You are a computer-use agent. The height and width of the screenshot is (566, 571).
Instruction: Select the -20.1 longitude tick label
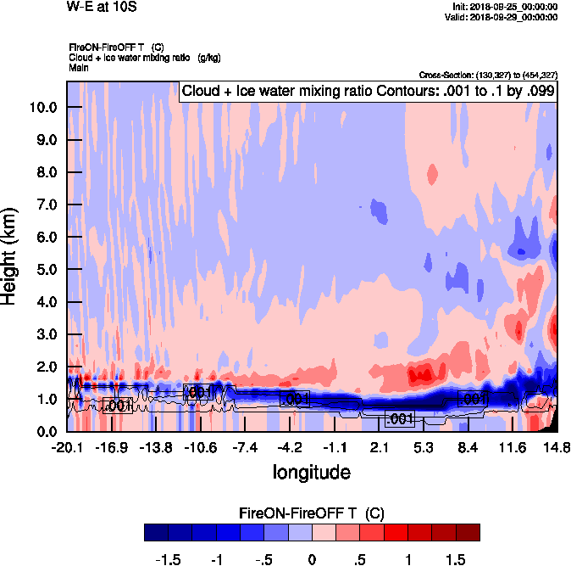point(67,447)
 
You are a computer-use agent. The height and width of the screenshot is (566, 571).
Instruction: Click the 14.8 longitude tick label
point(557,447)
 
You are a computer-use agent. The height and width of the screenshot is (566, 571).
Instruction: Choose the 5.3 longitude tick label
point(424,447)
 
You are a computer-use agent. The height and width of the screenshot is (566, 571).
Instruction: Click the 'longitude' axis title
point(312,471)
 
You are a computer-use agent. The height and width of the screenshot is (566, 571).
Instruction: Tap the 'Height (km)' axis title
point(11,255)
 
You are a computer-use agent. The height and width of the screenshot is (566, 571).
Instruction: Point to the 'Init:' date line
point(505,7)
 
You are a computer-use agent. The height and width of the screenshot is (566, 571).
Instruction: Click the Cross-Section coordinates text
point(488,75)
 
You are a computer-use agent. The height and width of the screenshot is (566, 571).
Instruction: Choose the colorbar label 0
point(312,560)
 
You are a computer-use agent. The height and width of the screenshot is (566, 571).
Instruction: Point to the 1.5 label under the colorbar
point(457,560)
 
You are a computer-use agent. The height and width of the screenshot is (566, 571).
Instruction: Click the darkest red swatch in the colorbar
point(468,532)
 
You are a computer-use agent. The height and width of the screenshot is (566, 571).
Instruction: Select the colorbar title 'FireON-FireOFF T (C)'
point(313,513)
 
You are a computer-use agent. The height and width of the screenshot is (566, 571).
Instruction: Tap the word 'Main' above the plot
point(78,66)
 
